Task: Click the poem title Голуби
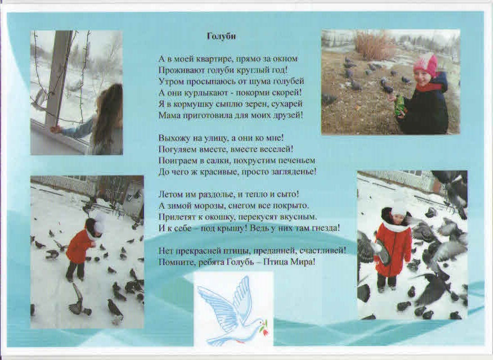pyautogui.click(x=221, y=37)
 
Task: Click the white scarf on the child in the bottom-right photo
pyautogui.click(x=396, y=226)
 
